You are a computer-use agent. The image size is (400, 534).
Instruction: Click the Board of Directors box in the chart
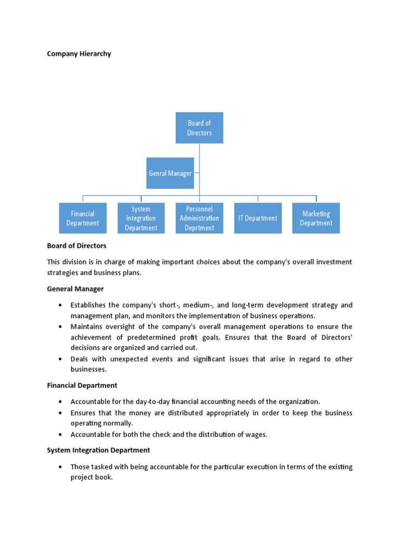pyautogui.click(x=199, y=128)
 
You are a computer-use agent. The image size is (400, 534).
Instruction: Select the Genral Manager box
pyautogui.click(x=170, y=173)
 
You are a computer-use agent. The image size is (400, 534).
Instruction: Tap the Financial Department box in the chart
pyautogui.click(x=82, y=218)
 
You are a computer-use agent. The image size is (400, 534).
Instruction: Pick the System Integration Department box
pyautogui.click(x=141, y=218)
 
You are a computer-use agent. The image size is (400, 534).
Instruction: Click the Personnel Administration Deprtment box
pyautogui.click(x=199, y=218)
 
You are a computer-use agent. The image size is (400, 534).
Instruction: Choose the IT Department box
pyautogui.click(x=258, y=218)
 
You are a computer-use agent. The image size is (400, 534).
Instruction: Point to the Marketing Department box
pyautogui.click(x=316, y=218)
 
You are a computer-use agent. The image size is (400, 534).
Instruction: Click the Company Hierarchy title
pyautogui.click(x=79, y=54)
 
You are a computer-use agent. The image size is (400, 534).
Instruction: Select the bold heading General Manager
pyautogui.click(x=76, y=288)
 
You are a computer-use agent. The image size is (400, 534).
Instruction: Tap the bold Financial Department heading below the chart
pyautogui.click(x=82, y=385)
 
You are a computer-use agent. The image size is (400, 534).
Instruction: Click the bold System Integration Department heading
pyautogui.click(x=98, y=450)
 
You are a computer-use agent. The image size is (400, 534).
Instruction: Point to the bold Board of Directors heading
pyautogui.click(x=77, y=246)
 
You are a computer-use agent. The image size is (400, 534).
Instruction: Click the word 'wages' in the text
pyautogui.click(x=256, y=434)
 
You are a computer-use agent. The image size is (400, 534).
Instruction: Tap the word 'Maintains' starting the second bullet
pyautogui.click(x=87, y=326)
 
